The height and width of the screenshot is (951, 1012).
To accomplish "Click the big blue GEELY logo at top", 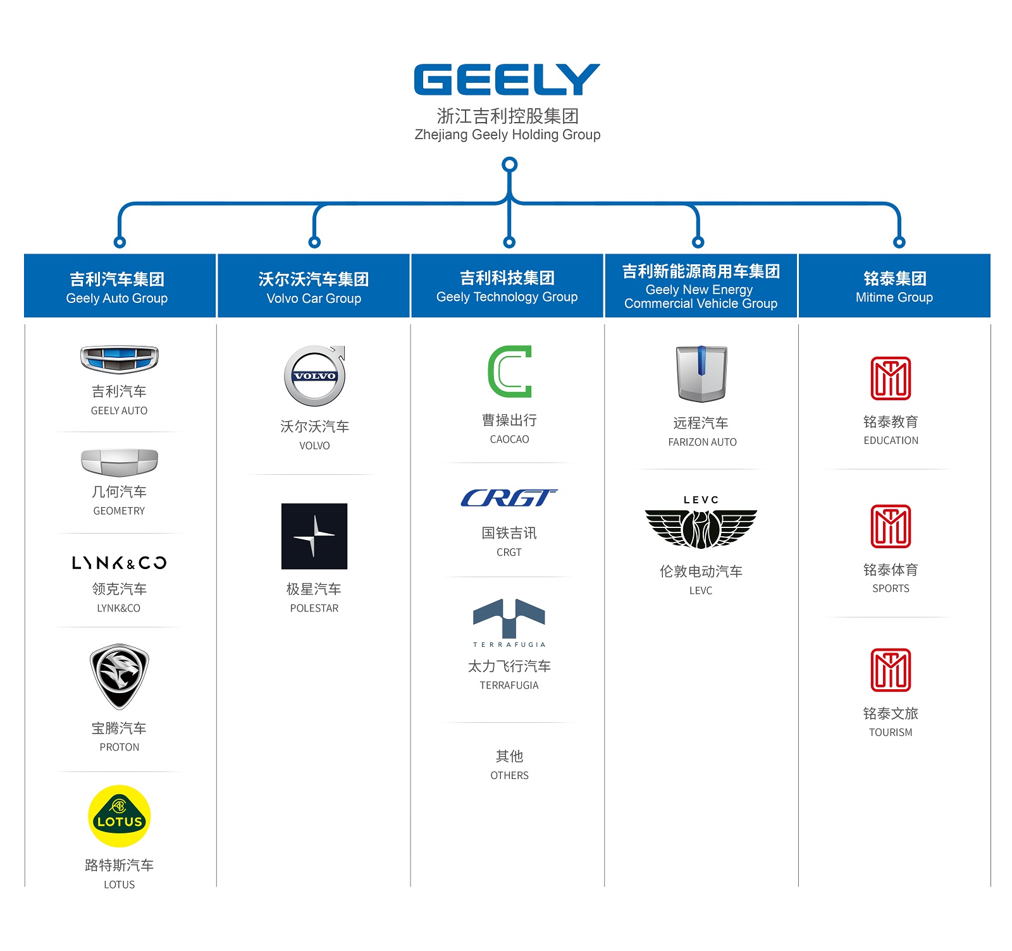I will (x=507, y=80).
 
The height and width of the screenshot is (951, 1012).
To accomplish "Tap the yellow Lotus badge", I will (x=120, y=816).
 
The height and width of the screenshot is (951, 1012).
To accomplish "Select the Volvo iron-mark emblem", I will (x=314, y=376).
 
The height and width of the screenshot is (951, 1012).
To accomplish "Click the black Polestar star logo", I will (x=314, y=536).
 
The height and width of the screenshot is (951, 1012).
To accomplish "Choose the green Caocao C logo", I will (x=510, y=371).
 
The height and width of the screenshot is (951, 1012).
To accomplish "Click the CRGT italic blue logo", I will (x=509, y=498).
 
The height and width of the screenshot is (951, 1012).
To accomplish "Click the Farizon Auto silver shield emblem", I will (x=701, y=374).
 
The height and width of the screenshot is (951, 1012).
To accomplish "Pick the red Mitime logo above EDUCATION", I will (x=891, y=378).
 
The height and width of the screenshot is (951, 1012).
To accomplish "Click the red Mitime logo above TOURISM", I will (x=891, y=670).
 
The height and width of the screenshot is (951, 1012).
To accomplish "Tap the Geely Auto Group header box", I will (x=120, y=286).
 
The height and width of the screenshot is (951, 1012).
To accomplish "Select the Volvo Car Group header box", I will (x=314, y=286).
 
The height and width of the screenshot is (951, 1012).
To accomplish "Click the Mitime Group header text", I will (x=894, y=288).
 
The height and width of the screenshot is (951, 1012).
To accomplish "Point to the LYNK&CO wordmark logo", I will (x=120, y=563).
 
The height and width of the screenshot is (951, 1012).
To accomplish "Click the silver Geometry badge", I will (x=120, y=462).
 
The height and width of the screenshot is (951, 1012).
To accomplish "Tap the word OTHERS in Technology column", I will (x=509, y=775).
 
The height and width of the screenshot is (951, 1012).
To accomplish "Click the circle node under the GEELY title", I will (x=509, y=165).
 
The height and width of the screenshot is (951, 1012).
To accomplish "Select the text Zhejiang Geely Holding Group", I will (x=507, y=135).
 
